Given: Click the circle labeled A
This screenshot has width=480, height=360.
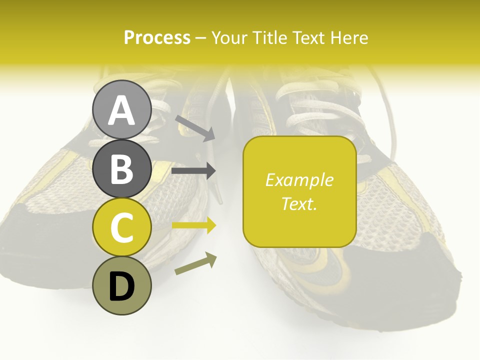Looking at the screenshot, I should pos(121,109).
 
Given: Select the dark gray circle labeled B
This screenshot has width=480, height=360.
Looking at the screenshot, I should pos(121,168).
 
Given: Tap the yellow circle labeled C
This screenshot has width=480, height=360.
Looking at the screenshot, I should pos(121,227).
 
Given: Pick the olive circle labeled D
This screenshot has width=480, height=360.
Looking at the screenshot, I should pos(121,286).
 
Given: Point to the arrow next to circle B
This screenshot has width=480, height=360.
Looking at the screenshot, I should pos(193,171).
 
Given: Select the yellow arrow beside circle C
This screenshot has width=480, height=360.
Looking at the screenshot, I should pos(193,225).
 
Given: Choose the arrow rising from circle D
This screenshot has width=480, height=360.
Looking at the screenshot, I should pos(195,264).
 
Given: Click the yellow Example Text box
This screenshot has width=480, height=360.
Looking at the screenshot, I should pos(299,191).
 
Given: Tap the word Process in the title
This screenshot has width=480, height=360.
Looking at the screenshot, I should pos(157,37).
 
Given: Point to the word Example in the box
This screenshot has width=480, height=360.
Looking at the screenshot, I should pos(299,180).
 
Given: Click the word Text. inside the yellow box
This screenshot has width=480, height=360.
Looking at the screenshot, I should pos(299,203).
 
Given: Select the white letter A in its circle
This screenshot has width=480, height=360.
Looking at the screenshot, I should pos(121,110).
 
